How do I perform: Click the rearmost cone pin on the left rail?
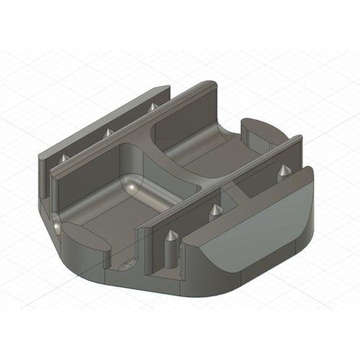pyautogui.click(x=152, y=107)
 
